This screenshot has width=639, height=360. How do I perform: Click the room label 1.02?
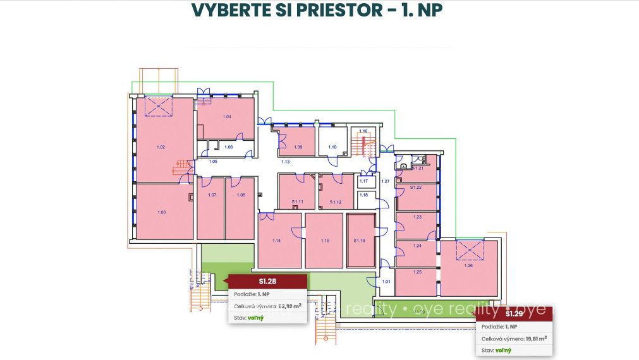pyautogui.click(x=161, y=147)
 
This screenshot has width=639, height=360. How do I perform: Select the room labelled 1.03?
pyautogui.click(x=161, y=212)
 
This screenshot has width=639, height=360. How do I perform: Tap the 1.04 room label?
pyautogui.click(x=227, y=117)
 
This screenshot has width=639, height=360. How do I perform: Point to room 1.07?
pyautogui.click(x=212, y=195)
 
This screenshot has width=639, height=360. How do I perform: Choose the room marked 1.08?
pyautogui.click(x=241, y=195)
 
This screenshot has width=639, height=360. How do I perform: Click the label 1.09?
pyautogui.click(x=298, y=147)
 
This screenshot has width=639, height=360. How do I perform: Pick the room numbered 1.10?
pyautogui.click(x=332, y=147)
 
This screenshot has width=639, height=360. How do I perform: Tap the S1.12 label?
pyautogui.click(x=336, y=202)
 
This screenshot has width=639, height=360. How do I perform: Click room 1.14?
pyautogui.click(x=276, y=241)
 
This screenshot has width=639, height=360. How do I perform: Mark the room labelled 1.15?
pyautogui.click(x=325, y=241)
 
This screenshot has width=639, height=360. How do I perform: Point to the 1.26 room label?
pyautogui.click(x=468, y=266)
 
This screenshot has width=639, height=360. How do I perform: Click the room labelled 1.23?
pyautogui.click(x=417, y=217)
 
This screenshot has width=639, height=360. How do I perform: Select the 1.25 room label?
pyautogui.click(x=417, y=272)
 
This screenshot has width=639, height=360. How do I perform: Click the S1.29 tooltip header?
pyautogui.click(x=514, y=313)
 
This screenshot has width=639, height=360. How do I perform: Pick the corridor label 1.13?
pyautogui.click(x=285, y=162)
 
